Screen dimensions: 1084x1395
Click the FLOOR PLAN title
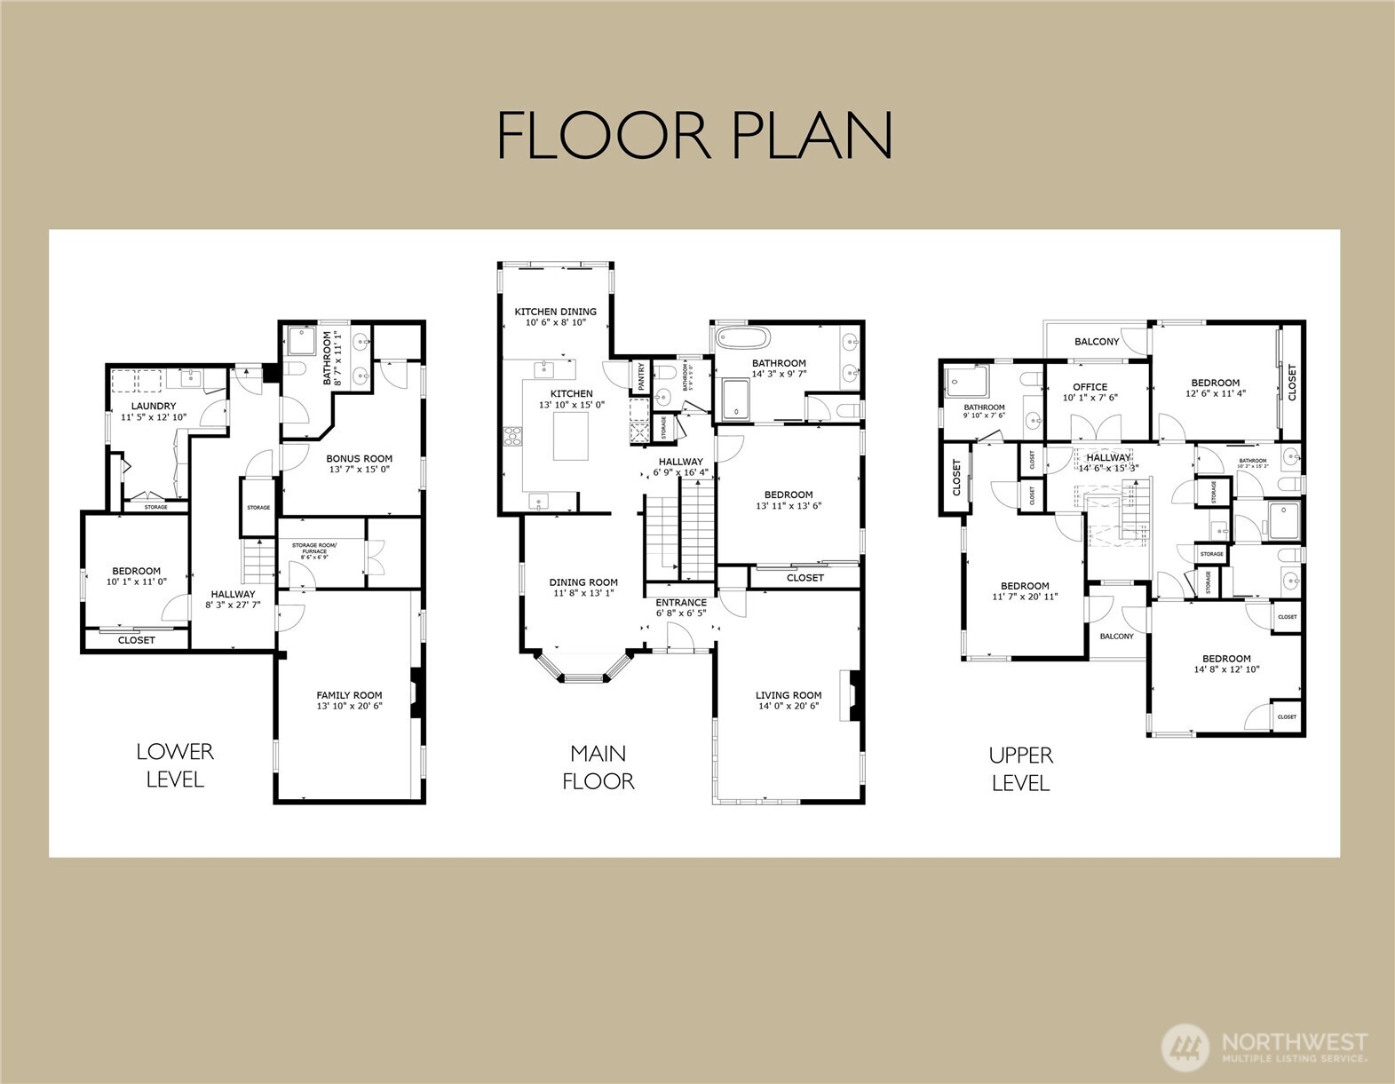[694, 135]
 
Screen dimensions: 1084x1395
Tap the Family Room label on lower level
[349, 696]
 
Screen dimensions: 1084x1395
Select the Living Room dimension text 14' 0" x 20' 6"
[788, 707]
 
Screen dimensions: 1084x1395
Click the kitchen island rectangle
[570, 436]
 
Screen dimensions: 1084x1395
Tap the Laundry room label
[154, 406]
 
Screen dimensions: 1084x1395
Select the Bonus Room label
[359, 459]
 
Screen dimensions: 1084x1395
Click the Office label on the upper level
[1090, 387]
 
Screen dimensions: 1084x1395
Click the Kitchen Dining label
[556, 312]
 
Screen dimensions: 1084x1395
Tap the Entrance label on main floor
[681, 603]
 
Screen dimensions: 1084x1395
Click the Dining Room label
[583, 583]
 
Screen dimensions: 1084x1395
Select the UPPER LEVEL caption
[1020, 769]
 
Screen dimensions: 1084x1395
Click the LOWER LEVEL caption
[175, 765]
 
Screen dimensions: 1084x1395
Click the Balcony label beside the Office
[1097, 342]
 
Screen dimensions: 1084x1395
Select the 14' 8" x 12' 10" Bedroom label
[1226, 659]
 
